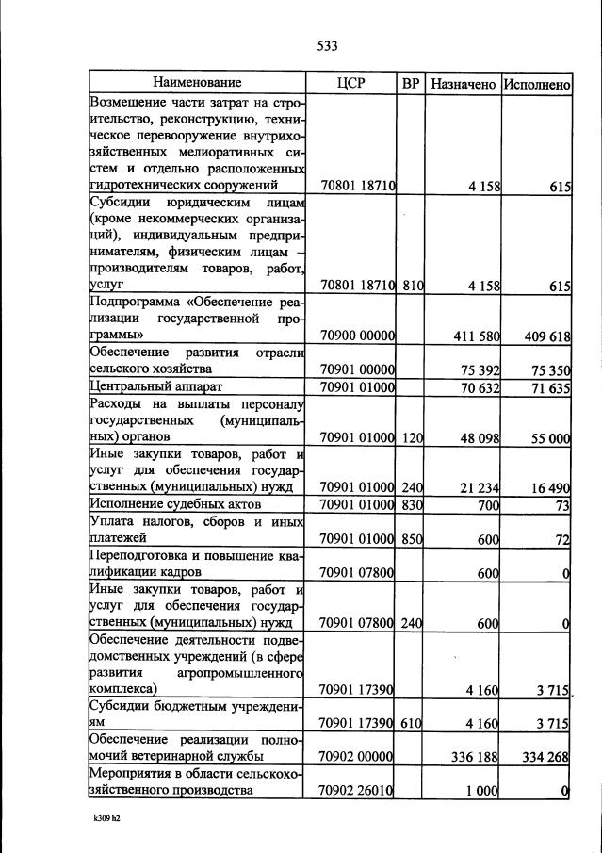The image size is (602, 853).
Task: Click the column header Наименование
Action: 197,83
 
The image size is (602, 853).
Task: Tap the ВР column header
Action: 411,83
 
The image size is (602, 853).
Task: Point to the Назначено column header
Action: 463,84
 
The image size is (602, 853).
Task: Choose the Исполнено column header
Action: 537,84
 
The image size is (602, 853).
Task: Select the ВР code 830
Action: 411,505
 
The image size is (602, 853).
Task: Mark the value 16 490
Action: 551,487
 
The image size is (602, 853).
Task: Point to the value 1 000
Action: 483,791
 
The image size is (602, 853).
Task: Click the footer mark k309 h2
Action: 106,818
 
